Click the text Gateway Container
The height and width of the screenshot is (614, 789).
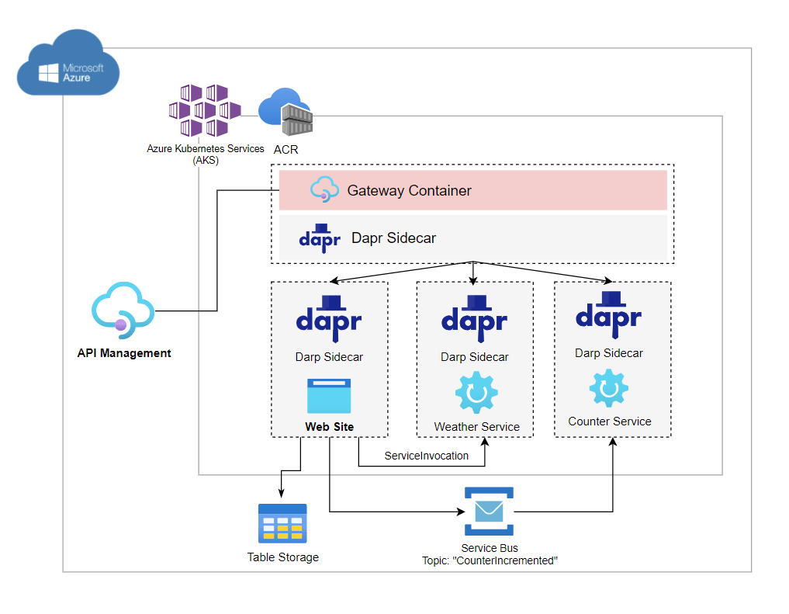pyautogui.click(x=409, y=190)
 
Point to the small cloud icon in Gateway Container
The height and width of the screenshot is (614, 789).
pyautogui.click(x=325, y=189)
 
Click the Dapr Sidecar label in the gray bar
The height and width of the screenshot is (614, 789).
pyautogui.click(x=393, y=238)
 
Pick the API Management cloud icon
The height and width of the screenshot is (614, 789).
pyautogui.click(x=122, y=311)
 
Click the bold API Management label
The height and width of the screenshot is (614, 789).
pyautogui.click(x=124, y=353)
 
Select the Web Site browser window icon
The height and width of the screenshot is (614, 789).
pyautogui.click(x=329, y=396)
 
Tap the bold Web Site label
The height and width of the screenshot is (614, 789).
pyautogui.click(x=329, y=427)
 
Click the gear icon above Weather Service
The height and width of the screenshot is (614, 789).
pyautogui.click(x=476, y=393)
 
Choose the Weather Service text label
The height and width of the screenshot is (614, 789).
pyautogui.click(x=476, y=427)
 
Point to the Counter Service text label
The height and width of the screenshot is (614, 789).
pyautogui.click(x=610, y=421)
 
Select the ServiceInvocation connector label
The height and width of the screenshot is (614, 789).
pyautogui.click(x=427, y=456)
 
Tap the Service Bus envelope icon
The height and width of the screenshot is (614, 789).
pyautogui.click(x=489, y=512)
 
